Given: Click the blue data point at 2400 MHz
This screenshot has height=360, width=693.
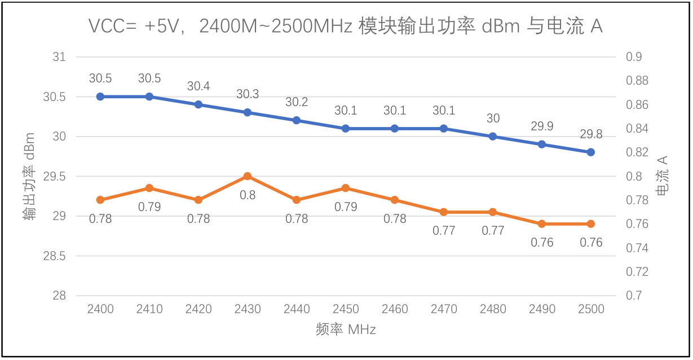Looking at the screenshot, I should point(100,96).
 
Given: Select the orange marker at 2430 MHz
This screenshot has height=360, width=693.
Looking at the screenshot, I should point(248,176).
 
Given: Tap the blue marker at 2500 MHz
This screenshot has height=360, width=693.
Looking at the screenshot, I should point(591,152).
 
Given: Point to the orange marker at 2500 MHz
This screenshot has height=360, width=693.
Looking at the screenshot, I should point(591,224).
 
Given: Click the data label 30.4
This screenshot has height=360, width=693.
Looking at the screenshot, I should point(198,86).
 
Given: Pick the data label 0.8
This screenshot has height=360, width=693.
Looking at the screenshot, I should point(248,195).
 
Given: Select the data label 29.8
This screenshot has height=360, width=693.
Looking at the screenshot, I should point(591,134).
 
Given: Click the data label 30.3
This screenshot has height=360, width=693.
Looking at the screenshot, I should point(248,94).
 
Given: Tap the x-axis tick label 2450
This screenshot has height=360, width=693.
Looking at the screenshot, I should point(346,309).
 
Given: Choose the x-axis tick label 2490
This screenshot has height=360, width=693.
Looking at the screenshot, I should point(542,309).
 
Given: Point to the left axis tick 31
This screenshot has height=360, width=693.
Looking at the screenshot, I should point(59,57).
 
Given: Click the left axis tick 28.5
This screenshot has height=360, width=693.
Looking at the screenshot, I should point(54,256).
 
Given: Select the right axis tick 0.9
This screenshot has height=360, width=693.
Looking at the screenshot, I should point(634,57).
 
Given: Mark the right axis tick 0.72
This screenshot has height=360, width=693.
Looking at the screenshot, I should point(637,272).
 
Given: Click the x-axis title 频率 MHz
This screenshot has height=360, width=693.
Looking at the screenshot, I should point(346,330).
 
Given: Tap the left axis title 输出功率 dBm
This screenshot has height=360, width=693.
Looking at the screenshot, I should point(29,176).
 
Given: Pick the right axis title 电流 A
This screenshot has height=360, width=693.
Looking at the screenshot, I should point(663,176).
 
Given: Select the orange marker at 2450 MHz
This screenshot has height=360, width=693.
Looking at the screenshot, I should point(346,188).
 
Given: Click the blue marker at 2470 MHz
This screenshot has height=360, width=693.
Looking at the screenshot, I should point(444,129).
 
